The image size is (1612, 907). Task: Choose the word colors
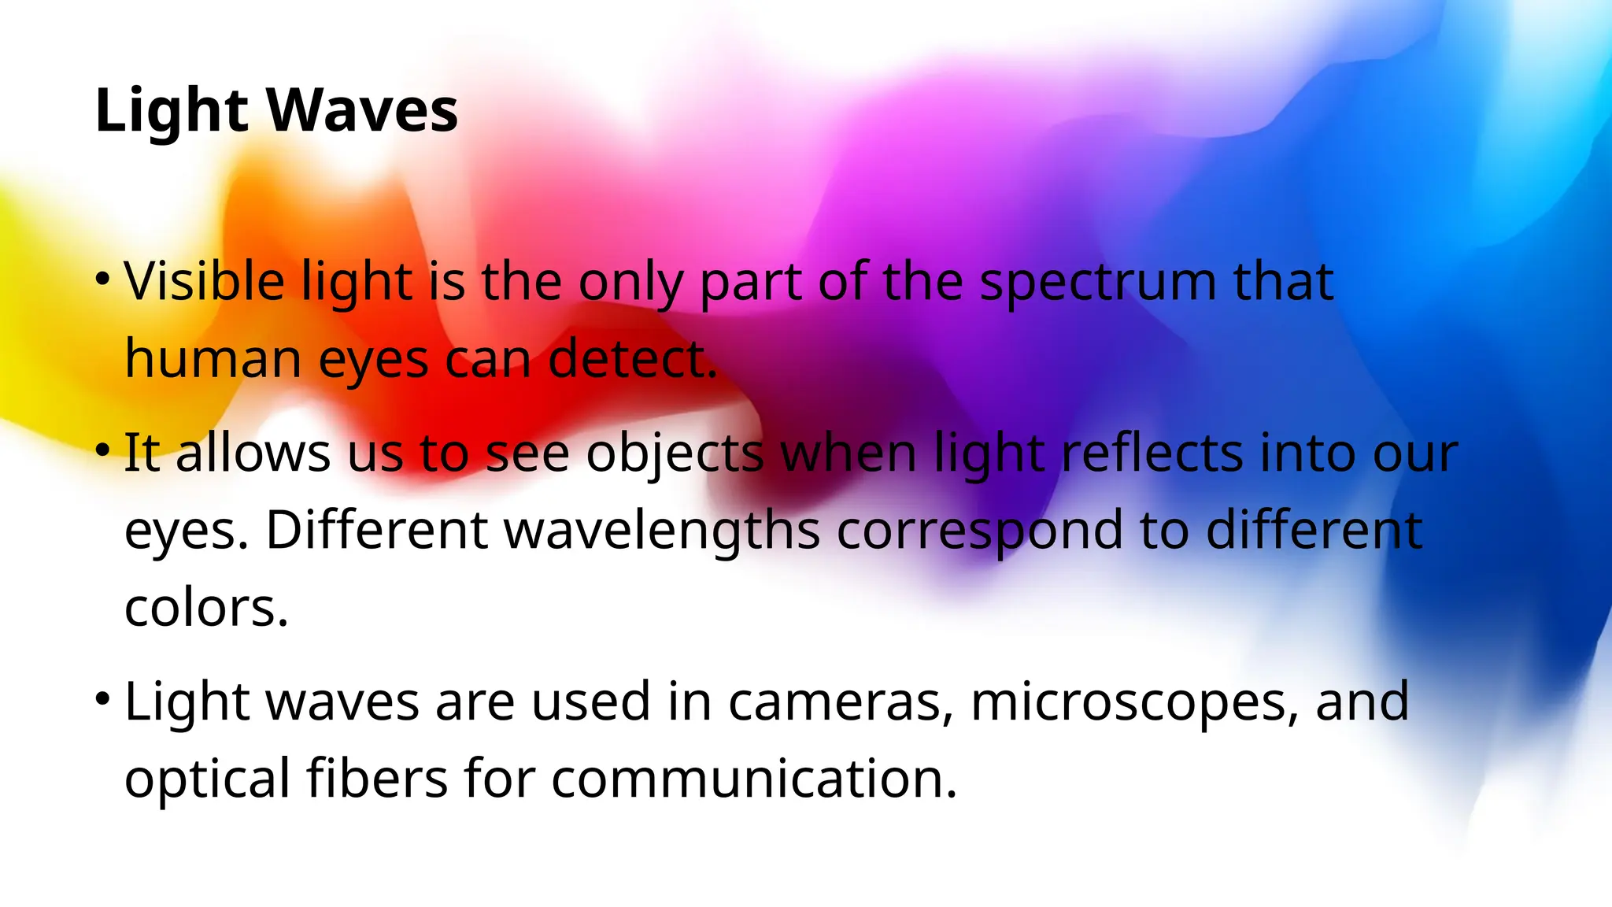207,607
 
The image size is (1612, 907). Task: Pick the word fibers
377,777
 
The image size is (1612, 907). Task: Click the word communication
754,777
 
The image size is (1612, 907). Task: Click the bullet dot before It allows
102,450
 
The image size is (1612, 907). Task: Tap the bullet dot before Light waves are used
102,698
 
